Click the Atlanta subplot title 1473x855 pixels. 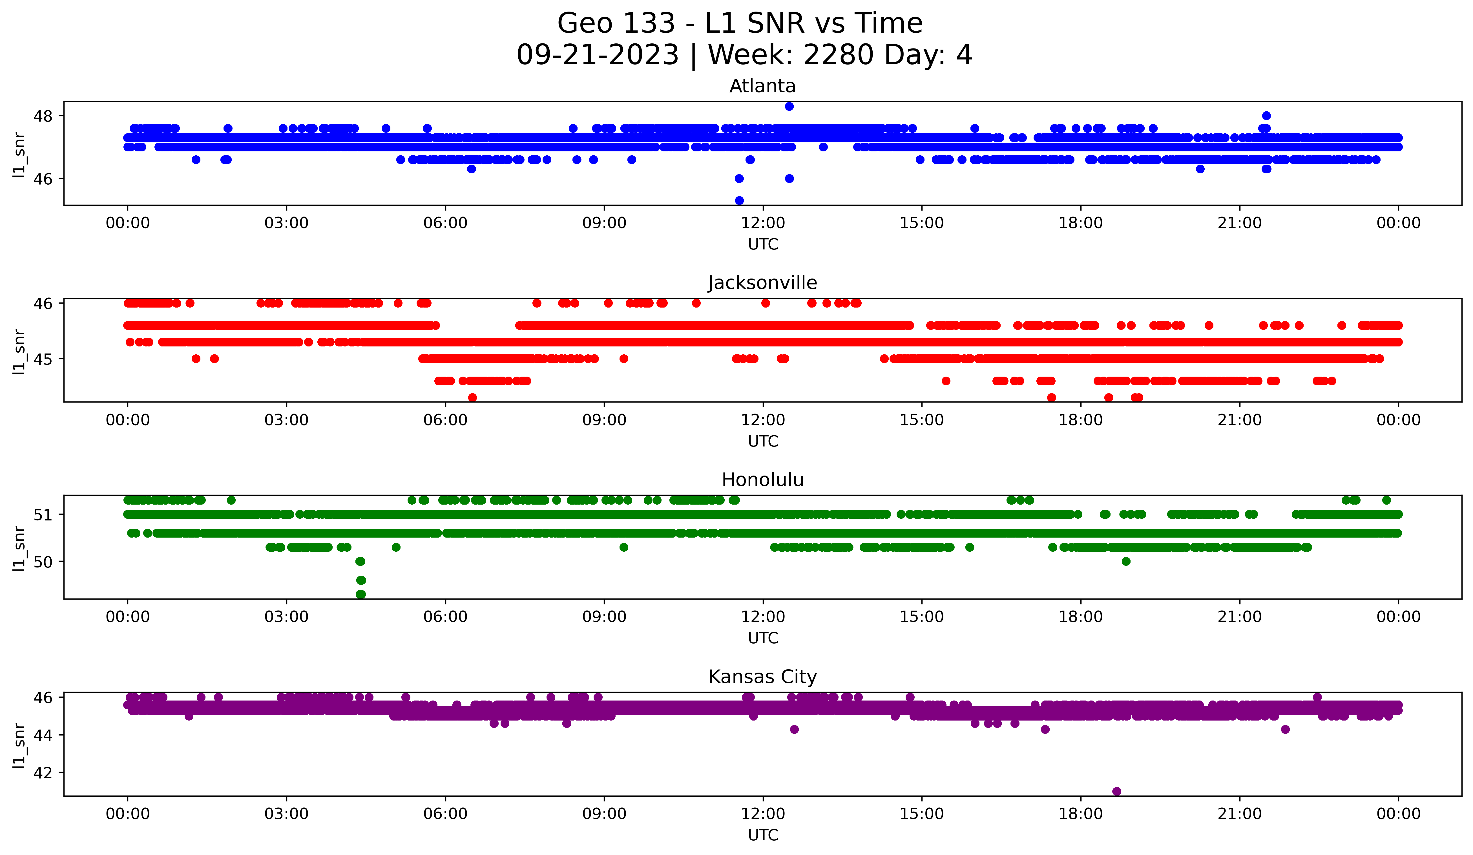tap(762, 86)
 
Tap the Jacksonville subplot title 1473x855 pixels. tap(762, 283)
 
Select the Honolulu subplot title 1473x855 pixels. tap(762, 480)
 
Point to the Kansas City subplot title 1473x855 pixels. tap(762, 677)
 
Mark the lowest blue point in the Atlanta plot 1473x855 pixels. tap(739, 200)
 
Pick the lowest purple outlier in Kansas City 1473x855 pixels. tap(1116, 791)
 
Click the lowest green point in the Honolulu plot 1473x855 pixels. tap(361, 594)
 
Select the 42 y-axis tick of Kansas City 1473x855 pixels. tap(43, 773)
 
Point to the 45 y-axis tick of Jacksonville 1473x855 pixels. tap(43, 359)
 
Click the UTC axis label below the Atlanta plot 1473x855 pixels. tap(763, 244)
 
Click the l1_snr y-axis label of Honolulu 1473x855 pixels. tap(19, 548)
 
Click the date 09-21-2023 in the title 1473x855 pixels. tap(597, 55)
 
